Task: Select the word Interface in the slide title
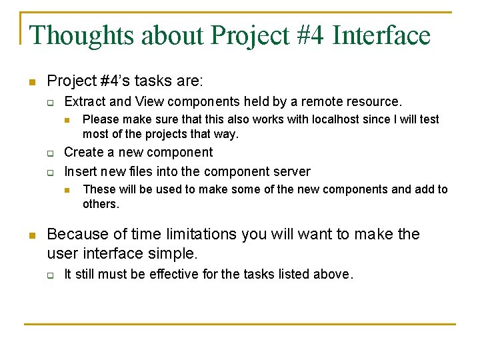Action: tap(381, 35)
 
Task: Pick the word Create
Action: tap(83, 153)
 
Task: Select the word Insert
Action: tap(80, 171)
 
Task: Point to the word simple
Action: tap(174, 253)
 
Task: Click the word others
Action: tap(101, 204)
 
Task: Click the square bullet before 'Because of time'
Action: tap(31, 235)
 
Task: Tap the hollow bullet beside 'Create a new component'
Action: tap(49, 153)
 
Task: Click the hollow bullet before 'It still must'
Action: tap(49, 275)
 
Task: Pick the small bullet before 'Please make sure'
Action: tap(67, 120)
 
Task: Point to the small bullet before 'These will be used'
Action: tap(67, 190)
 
